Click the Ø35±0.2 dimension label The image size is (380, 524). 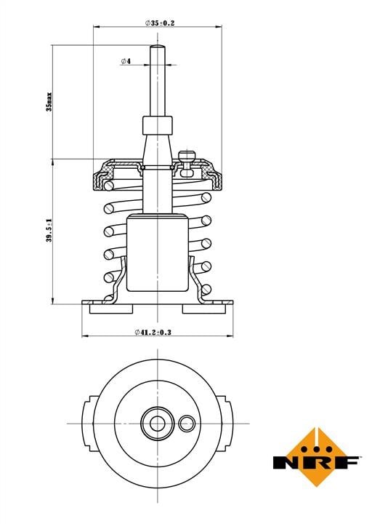pyautogui.click(x=160, y=23)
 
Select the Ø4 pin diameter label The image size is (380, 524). pyautogui.click(x=126, y=61)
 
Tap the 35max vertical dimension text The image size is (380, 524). pyautogui.click(x=49, y=101)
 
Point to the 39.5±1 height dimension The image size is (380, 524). pyautogui.click(x=49, y=230)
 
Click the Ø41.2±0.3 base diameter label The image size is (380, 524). pyautogui.click(x=153, y=332)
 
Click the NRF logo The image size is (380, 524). pyautogui.click(x=315, y=458)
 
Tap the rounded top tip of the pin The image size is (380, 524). pyautogui.click(x=157, y=46)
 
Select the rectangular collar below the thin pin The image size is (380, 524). pyautogui.click(x=158, y=125)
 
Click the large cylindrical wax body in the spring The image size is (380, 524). pyautogui.click(x=158, y=253)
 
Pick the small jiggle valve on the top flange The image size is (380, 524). pyautogui.click(x=187, y=163)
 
